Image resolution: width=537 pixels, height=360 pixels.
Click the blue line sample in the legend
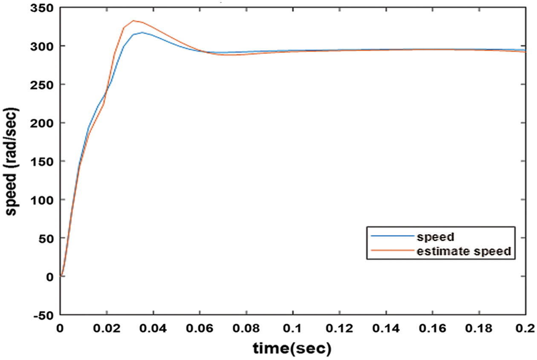click(x=393, y=235)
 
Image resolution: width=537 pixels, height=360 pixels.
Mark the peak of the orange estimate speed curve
click(x=134, y=20)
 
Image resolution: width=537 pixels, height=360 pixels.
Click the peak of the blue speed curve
click(x=142, y=32)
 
